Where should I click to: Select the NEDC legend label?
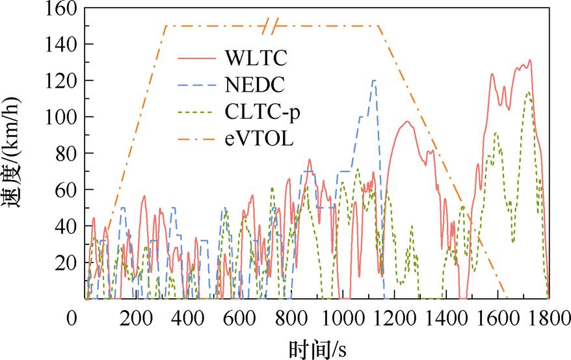tap(256, 84)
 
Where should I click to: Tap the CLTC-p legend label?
tap(263, 112)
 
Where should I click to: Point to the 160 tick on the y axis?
tap(62, 8)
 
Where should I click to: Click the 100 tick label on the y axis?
tap(62, 117)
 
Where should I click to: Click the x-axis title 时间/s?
tap(317, 348)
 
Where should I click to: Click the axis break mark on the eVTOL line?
tap(271, 26)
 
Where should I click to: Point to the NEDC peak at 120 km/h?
tap(374, 81)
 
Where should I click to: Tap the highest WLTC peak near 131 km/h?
tap(530, 60)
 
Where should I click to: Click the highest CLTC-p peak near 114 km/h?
tap(529, 92)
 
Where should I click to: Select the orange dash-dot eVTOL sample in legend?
tap(196, 138)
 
